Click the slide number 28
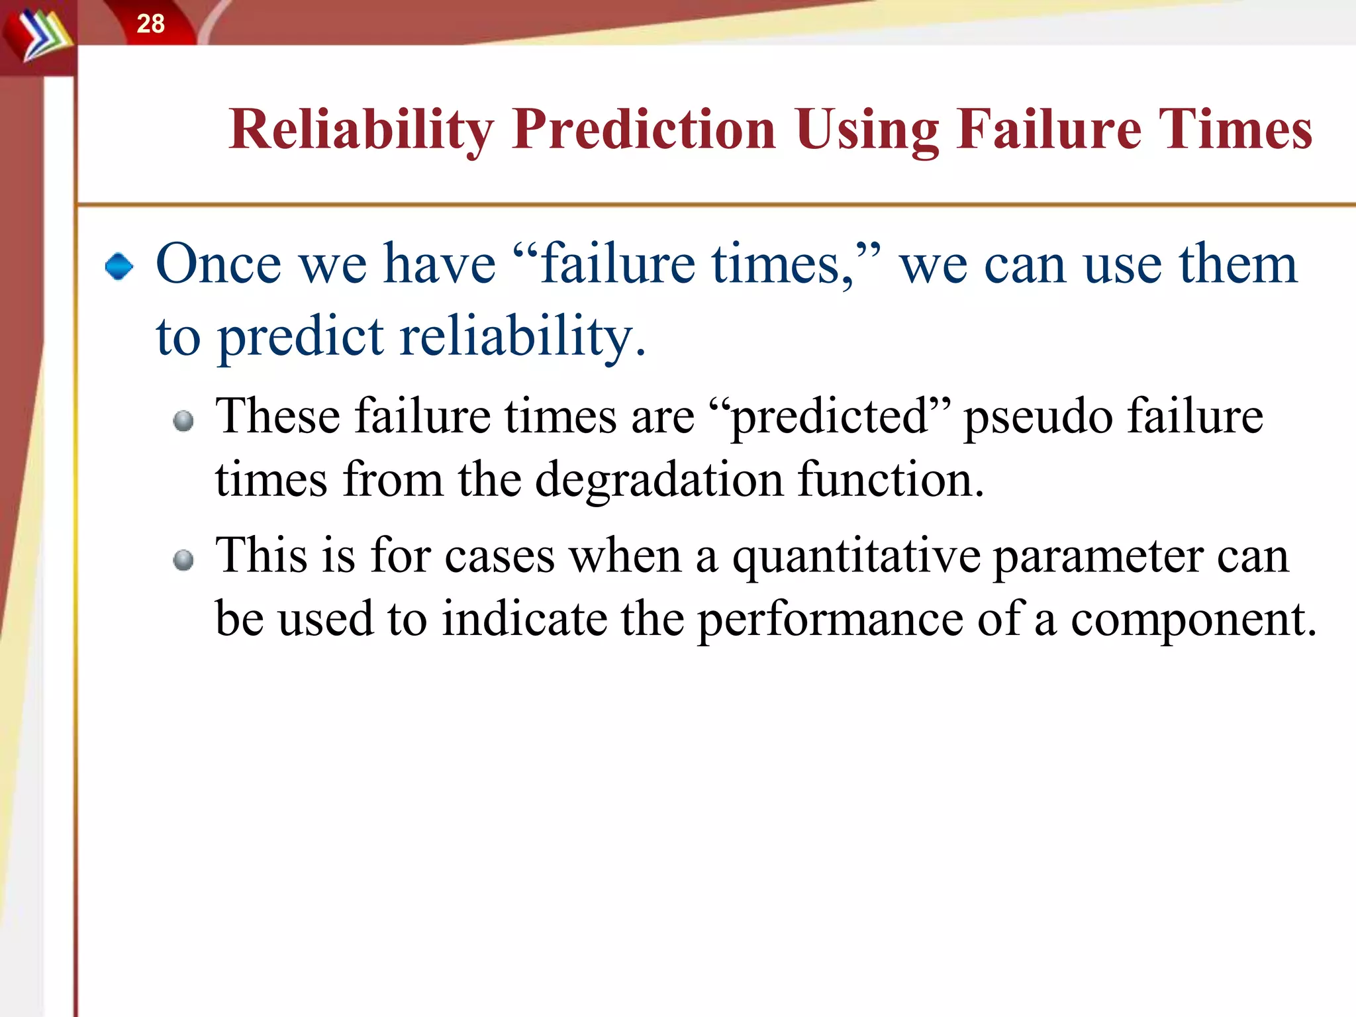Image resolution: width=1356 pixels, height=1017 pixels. point(150,24)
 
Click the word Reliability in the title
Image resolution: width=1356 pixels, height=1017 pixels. point(362,130)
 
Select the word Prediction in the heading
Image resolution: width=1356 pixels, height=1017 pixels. point(644,130)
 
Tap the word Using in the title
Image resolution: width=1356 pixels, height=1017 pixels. point(867,130)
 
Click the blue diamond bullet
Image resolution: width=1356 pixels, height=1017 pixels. point(119,266)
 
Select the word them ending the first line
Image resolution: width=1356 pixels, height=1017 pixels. point(1237,264)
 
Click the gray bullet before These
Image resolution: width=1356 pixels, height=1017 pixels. point(183,421)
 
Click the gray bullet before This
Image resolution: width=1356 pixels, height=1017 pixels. point(183,560)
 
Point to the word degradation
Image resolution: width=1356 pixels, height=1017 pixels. point(659,479)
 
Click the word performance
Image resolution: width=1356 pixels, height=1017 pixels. point(831,620)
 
